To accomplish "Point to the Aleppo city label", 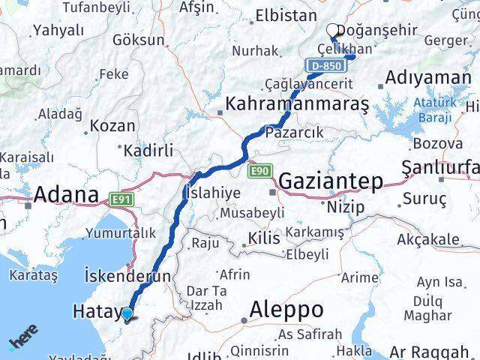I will tap(286, 309).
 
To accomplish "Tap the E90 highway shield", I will tap(259, 171).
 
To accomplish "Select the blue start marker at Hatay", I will tap(127, 315).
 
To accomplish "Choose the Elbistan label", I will tap(286, 15).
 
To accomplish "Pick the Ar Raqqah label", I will tap(430, 351).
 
